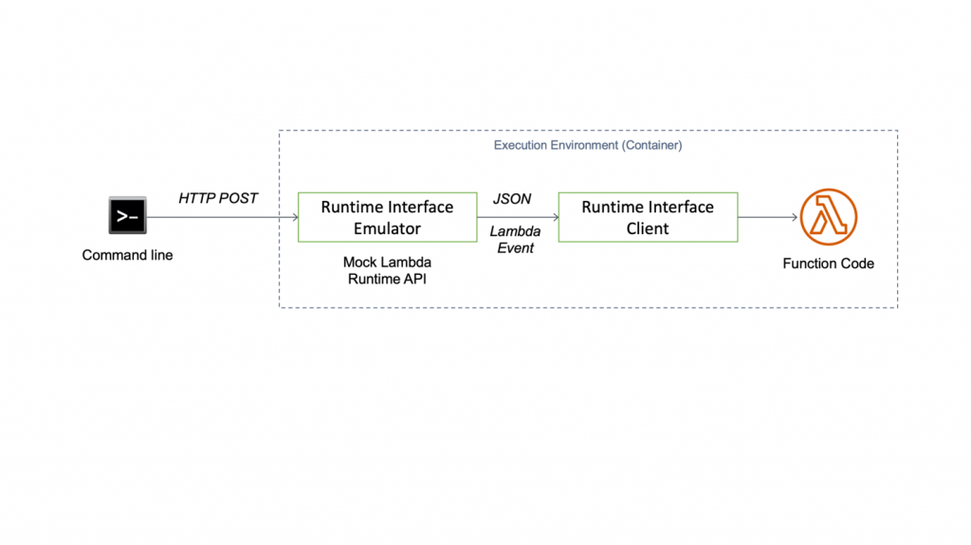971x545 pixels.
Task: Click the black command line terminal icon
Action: click(127, 216)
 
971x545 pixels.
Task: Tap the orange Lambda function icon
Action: click(828, 217)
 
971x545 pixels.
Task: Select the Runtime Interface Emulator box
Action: click(387, 217)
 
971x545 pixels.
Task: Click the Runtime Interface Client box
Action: click(648, 217)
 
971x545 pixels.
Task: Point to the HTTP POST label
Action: click(218, 198)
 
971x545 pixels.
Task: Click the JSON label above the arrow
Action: click(512, 199)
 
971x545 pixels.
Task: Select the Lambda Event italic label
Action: click(515, 240)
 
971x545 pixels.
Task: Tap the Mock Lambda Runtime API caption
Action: click(387, 270)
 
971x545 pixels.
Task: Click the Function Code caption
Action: click(828, 263)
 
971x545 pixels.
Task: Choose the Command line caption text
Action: click(127, 255)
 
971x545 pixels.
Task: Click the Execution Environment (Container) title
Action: click(588, 145)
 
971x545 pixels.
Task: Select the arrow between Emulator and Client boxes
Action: click(518, 217)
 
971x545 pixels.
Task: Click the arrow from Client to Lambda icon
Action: click(767, 217)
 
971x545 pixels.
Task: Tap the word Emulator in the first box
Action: click(387, 228)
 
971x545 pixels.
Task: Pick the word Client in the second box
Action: click(648, 228)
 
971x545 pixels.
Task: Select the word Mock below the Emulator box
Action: click(360, 262)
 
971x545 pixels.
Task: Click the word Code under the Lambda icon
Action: click(857, 263)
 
